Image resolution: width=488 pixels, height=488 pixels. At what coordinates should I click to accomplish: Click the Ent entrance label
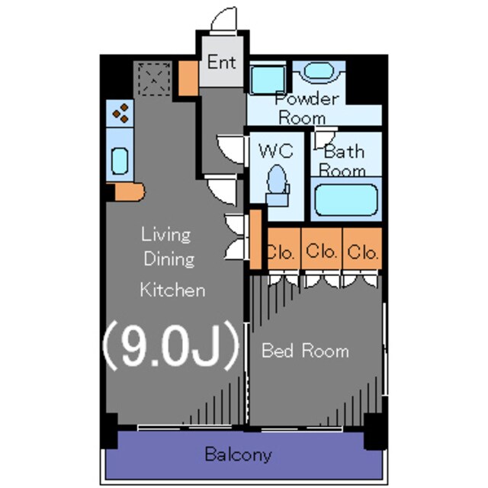click(222, 62)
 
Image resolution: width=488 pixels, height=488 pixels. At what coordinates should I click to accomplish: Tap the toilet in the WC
click(278, 185)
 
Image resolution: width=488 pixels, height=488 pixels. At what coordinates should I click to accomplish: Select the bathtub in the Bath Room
click(346, 200)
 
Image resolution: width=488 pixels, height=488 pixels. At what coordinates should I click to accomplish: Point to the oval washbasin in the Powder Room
click(319, 70)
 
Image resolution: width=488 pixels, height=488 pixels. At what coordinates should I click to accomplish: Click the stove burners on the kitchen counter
click(120, 114)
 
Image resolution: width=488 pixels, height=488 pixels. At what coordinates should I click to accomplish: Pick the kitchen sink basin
click(120, 161)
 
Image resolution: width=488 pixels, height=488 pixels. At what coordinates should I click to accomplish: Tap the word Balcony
click(238, 454)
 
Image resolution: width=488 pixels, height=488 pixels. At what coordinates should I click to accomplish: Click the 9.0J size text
click(171, 345)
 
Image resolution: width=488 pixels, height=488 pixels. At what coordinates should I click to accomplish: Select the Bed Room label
click(305, 351)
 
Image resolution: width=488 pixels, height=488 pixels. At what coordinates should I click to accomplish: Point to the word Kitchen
click(172, 290)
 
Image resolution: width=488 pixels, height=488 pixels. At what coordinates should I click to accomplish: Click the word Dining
click(169, 259)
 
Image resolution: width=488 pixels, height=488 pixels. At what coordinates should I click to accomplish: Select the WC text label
click(276, 151)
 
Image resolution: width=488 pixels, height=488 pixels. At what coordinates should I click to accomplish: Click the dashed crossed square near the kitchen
click(155, 79)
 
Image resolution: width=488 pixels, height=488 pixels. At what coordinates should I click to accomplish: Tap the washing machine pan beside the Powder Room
click(268, 79)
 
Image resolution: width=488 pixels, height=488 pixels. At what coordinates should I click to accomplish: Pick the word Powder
click(307, 99)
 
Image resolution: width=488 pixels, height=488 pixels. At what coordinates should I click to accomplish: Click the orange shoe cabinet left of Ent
click(188, 78)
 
